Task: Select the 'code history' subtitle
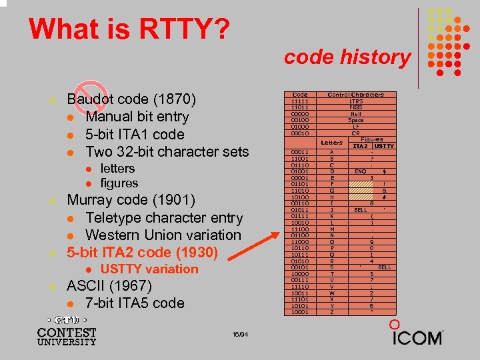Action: coord(347,57)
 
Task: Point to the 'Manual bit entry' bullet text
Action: coord(137,117)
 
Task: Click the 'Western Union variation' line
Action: coord(163,235)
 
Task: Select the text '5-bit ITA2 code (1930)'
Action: coord(142,252)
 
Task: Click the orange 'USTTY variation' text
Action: coord(149,269)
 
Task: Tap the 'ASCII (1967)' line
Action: coord(109,286)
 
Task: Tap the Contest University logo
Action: coord(67,331)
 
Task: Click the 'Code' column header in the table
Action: coord(300,95)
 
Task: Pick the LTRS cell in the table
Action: coord(355,101)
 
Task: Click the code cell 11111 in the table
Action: coord(300,101)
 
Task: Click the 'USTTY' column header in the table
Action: coord(384,146)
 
